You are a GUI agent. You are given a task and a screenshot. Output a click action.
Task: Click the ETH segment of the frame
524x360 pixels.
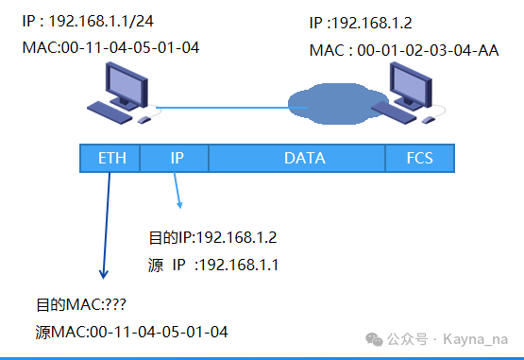pos(110,158)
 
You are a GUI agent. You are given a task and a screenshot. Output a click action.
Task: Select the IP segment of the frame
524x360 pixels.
pos(175,158)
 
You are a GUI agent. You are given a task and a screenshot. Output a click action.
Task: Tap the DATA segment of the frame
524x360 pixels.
pos(297,158)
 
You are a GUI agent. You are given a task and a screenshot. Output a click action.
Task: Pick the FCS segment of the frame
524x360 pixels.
pos(420,158)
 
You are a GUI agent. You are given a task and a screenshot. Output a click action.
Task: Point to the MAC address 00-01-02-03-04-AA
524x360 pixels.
pos(428,50)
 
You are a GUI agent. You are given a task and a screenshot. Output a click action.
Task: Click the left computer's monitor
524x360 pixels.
pos(127,86)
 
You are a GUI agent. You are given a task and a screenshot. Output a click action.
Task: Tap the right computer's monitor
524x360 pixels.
pos(411,86)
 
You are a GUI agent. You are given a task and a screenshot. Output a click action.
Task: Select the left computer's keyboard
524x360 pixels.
pos(110,112)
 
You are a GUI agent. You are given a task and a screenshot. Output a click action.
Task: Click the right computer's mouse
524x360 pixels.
pos(429,120)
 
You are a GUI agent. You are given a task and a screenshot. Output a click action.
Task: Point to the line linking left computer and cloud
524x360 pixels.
pos(231,108)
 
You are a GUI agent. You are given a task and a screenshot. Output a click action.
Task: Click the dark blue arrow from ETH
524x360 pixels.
pos(107,226)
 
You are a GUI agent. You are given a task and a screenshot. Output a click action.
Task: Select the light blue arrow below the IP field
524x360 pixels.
pos(177,190)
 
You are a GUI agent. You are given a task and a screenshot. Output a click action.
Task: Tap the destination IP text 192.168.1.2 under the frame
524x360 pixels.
pos(236,238)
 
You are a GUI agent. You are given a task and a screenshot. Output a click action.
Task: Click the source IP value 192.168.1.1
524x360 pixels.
pos(238,265)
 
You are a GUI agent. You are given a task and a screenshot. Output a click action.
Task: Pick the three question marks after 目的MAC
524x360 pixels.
pos(115,305)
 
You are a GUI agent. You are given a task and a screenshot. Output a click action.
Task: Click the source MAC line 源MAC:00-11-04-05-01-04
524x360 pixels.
pos(131,333)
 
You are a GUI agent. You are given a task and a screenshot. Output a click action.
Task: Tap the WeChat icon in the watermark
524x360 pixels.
pos(374,339)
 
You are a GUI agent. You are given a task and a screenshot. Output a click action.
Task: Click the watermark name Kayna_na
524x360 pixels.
pos(476,339)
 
